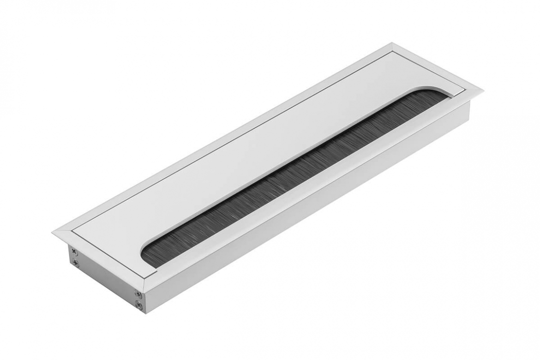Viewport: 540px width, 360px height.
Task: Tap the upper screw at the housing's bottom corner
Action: (x=138, y=294)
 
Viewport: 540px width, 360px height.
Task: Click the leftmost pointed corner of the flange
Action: (x=52, y=231)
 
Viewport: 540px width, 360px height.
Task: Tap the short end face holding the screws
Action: (x=104, y=277)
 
